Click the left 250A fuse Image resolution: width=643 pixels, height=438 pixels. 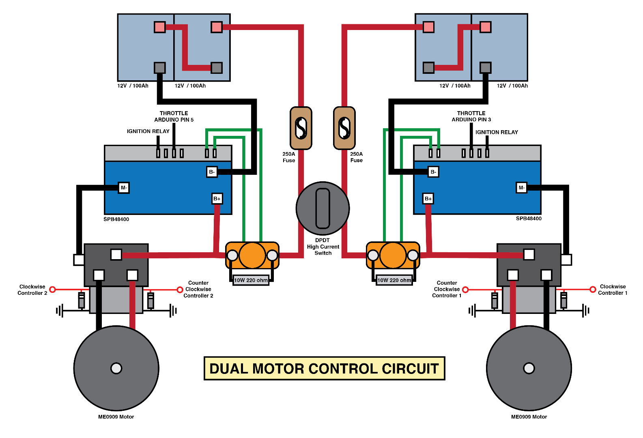pos(301,128)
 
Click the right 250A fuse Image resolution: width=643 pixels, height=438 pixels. pos(344,128)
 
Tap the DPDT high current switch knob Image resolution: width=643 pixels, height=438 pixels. pos(323,208)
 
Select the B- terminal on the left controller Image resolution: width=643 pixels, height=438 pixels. pos(212,172)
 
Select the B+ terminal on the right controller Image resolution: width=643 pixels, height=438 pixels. pos(428,198)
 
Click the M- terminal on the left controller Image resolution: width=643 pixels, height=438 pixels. pos(124,188)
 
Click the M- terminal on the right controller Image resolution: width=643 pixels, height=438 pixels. pos(521,187)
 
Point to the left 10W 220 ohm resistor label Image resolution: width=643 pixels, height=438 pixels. pos(251,280)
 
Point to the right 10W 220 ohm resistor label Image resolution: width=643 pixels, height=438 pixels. pos(394,280)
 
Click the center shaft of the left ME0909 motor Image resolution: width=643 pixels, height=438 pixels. pos(116,368)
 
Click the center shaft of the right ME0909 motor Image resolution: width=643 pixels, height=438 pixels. pos(529,368)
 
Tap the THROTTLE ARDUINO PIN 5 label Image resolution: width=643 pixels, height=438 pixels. pos(174,116)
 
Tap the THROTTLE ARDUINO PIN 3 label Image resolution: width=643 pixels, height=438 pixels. pos(471,116)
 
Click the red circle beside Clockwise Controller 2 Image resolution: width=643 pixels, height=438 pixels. pos(52,290)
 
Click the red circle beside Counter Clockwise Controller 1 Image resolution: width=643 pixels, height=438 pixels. pos(465,290)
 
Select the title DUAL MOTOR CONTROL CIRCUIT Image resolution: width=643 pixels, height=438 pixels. pos(324,368)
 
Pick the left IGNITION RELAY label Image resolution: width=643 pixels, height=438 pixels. pos(148,131)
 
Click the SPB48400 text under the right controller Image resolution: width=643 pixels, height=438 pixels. pos(528,219)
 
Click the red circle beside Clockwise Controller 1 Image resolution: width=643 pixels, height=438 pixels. pos(593,290)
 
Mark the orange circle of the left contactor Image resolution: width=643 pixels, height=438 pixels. pos(252,255)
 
